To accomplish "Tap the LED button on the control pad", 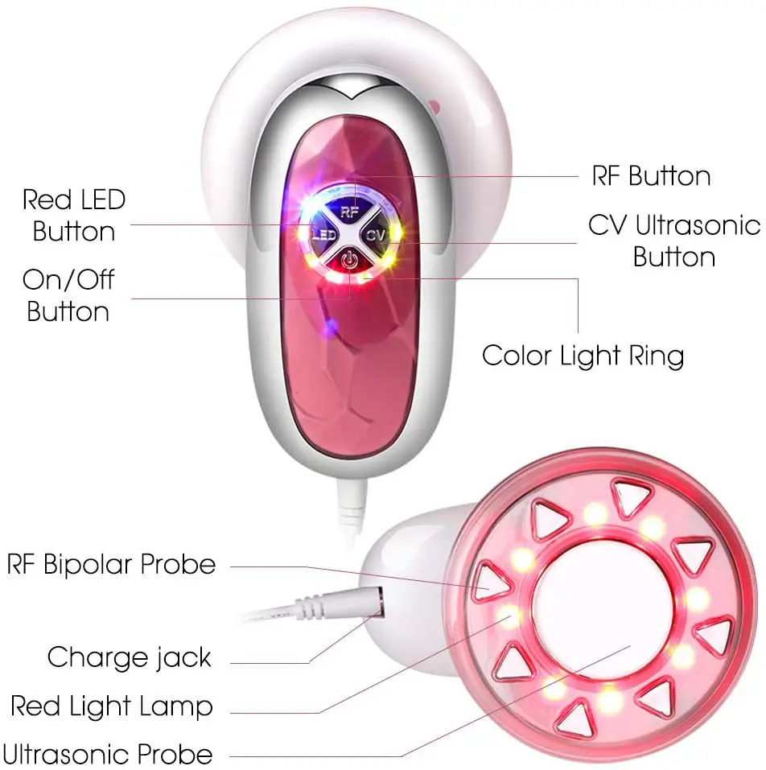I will (323, 236).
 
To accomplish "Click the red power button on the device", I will (348, 260).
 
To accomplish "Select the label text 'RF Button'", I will (651, 175).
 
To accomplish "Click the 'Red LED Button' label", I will (73, 216).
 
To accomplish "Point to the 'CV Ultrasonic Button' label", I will (673, 241).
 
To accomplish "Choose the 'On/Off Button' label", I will (68, 295).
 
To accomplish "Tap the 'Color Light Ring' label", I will (583, 355).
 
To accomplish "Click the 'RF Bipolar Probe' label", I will (111, 564).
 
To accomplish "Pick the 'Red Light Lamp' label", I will (111, 706).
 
